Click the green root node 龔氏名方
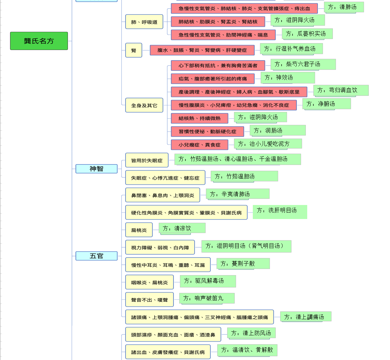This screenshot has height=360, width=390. [39, 41]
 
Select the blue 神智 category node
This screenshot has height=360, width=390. [96, 169]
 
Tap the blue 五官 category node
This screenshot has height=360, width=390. [96, 256]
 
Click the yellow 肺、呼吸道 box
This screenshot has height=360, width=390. [144, 22]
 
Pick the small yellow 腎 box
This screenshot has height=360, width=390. [134, 50]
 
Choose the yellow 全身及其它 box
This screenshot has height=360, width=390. [144, 105]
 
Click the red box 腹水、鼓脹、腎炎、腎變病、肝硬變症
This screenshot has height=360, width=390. [202, 50]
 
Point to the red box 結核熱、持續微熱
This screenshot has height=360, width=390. [200, 118]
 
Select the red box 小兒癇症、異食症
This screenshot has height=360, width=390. [200, 145]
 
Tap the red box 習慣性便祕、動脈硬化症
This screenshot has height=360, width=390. [207, 131]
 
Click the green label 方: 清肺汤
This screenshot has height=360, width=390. [344, 7]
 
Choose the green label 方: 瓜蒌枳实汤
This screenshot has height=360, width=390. [308, 34]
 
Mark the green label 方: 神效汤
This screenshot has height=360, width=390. [288, 78]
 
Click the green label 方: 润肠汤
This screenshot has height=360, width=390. [278, 130]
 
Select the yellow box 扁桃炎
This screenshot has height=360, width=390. [139, 230]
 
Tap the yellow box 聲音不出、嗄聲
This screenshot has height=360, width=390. [149, 299]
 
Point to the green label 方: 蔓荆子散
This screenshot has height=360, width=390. [243, 263]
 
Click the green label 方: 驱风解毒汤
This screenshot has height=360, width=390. [208, 281]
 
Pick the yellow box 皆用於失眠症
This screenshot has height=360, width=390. [147, 160]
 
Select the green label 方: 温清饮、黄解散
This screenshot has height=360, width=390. [247, 350]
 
